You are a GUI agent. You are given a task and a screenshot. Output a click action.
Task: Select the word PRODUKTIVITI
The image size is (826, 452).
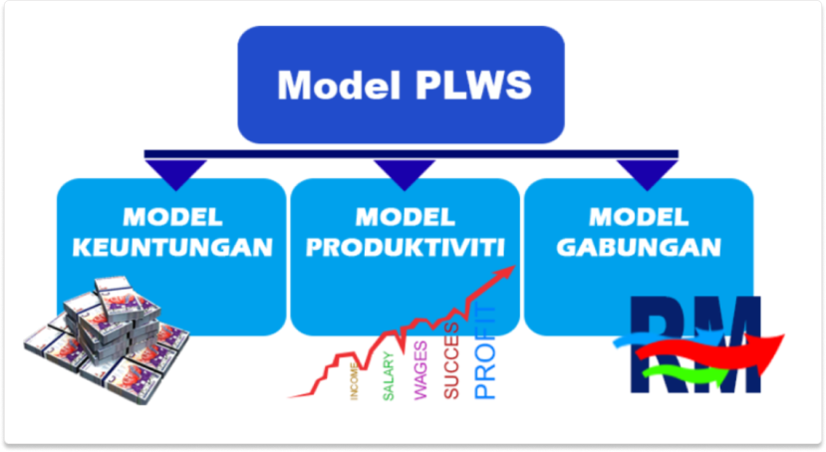click(x=405, y=246)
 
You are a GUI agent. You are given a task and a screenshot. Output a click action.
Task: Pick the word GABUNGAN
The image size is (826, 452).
click(x=638, y=246)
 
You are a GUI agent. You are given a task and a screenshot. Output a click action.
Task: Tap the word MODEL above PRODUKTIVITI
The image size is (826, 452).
click(x=405, y=216)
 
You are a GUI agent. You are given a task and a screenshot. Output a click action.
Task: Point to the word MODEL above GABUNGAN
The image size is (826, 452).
click(x=638, y=216)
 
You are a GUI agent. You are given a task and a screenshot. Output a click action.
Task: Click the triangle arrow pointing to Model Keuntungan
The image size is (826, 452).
click(x=175, y=171)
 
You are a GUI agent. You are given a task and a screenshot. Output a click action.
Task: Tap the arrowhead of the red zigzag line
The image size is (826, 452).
click(x=510, y=270)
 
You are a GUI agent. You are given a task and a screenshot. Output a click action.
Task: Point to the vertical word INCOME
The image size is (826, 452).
click(x=355, y=383)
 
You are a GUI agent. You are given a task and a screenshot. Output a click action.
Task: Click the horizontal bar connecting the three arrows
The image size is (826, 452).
click(x=411, y=154)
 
